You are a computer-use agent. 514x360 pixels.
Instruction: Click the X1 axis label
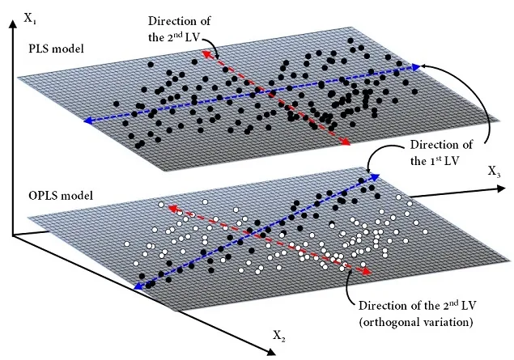coord(30,19)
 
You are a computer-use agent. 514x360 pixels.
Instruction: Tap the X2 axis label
coord(279,336)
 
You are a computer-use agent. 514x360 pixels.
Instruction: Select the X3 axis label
coord(495,172)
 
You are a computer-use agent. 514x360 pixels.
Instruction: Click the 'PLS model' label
coord(56,49)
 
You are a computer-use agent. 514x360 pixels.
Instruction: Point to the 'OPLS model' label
coord(61,196)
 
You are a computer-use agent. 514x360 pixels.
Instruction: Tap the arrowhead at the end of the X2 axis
coord(271,352)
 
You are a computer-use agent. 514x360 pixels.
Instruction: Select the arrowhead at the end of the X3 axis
coord(502,188)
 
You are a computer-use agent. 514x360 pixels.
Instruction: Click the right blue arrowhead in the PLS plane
coord(416,67)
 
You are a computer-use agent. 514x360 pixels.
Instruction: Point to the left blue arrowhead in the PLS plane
coord(87,121)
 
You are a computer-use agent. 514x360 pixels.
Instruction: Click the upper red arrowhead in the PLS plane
coord(206,53)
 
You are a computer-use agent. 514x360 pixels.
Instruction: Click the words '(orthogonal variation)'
coord(416,322)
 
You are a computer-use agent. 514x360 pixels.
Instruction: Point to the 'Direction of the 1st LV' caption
coord(442,153)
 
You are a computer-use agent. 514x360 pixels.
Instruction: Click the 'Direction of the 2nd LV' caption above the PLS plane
coord(179,29)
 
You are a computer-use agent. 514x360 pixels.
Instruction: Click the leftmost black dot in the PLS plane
coord(116,104)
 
